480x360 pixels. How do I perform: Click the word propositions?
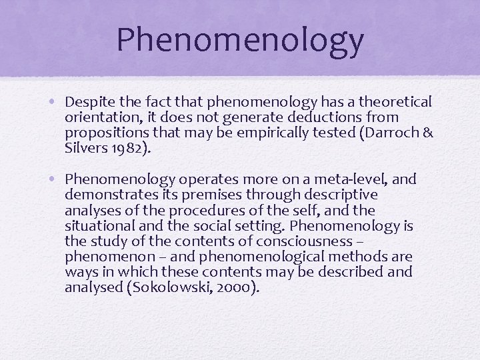tap(103, 133)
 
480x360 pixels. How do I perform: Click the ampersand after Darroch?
tap(428, 133)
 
